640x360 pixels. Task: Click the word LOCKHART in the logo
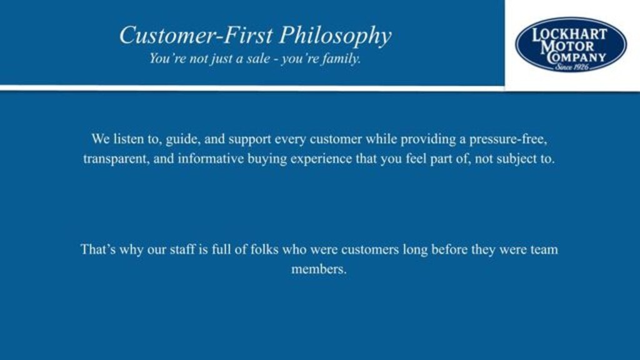(x=569, y=34)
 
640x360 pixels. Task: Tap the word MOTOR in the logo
(x=567, y=46)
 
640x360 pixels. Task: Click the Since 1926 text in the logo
(x=571, y=67)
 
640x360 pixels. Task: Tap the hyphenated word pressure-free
(x=507, y=140)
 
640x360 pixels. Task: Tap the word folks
(x=264, y=249)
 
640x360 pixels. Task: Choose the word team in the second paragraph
(x=544, y=249)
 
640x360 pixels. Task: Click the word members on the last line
(x=319, y=269)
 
